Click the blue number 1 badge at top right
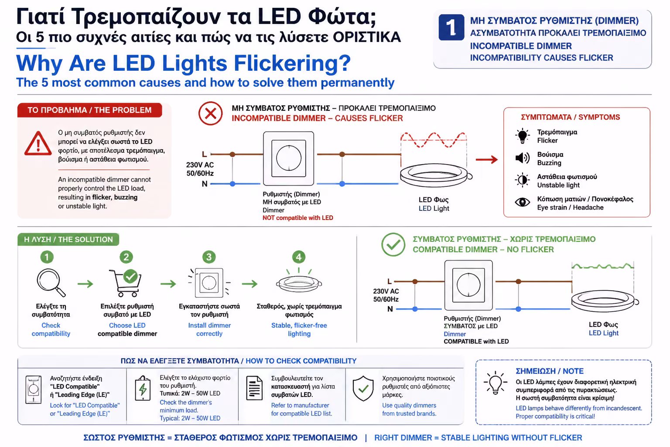point(451,27)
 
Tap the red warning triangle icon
point(38,144)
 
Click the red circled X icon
point(211,113)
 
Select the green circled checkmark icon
point(393,244)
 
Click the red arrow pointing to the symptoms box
point(487,160)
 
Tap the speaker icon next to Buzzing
point(522,158)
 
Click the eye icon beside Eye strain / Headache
point(522,202)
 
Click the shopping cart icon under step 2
point(126,283)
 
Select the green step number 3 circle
point(209,257)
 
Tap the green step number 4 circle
point(298,257)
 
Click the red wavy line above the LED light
point(433,140)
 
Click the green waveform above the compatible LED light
point(603,266)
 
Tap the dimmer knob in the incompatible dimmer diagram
point(289,158)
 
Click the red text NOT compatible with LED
point(297,218)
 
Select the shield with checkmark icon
point(363,389)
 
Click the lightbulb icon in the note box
point(495,383)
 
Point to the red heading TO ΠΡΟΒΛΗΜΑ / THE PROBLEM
point(89,110)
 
